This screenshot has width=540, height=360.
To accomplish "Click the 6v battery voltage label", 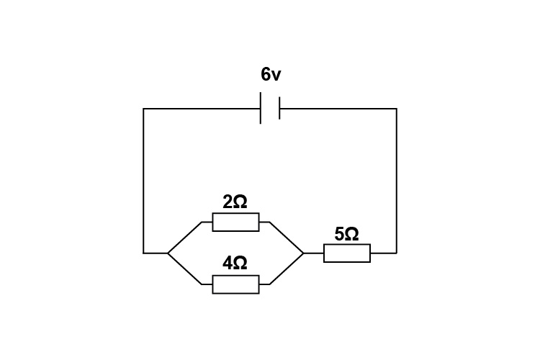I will pos(271,75).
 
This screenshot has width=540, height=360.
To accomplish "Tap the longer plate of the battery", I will pos(261,109).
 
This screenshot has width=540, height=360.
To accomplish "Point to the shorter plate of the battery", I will pos(279,109).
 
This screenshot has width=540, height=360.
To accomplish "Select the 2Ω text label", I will pos(235,202).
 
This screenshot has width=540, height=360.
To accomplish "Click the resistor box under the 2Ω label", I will pos(235,222).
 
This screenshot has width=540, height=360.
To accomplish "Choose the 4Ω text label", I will pos(235,264).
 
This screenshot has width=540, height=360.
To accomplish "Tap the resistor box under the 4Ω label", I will pos(235,284).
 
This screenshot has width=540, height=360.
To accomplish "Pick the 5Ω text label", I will pos(346,234).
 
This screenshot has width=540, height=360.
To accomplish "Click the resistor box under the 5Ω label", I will pos(347,253).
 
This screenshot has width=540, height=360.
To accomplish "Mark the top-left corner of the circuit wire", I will pos(144,109).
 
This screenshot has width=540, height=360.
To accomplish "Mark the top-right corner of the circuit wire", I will pos(396,109).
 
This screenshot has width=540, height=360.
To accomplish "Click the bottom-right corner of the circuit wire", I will pos(396,253).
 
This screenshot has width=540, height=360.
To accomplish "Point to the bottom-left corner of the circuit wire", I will pos(144,253).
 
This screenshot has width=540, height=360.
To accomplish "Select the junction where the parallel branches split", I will pos(168,253).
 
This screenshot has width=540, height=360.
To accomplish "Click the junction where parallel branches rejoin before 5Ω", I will pos(304,253).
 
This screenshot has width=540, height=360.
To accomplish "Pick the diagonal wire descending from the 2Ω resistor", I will pos(287,237).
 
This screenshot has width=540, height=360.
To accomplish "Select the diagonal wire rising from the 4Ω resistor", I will pos(287,269).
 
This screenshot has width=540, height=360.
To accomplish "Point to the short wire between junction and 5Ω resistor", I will pos(314,253).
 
